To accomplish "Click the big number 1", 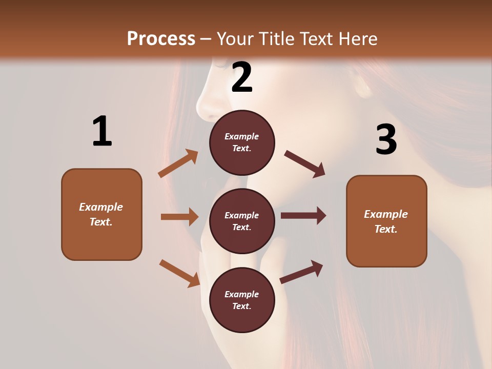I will pyautogui.click(x=102, y=132).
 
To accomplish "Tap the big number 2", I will pyautogui.click(x=242, y=77).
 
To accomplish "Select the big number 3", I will pyautogui.click(x=386, y=139).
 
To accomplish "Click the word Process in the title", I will pyautogui.click(x=161, y=39).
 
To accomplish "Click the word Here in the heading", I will pyautogui.click(x=357, y=39).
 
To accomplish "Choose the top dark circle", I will pyautogui.click(x=242, y=142).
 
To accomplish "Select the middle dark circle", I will pyautogui.click(x=242, y=221).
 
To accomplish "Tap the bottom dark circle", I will pyautogui.click(x=242, y=300).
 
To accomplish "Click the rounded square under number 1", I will pyautogui.click(x=101, y=214).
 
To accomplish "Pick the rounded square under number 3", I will pyautogui.click(x=386, y=221).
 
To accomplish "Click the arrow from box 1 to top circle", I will pyautogui.click(x=178, y=163).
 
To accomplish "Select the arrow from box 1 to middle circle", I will pyautogui.click(x=179, y=217).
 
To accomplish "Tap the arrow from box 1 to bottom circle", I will pyautogui.click(x=179, y=273).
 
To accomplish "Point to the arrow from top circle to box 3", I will pyautogui.click(x=305, y=163).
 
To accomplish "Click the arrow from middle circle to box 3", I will pyautogui.click(x=303, y=216).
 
